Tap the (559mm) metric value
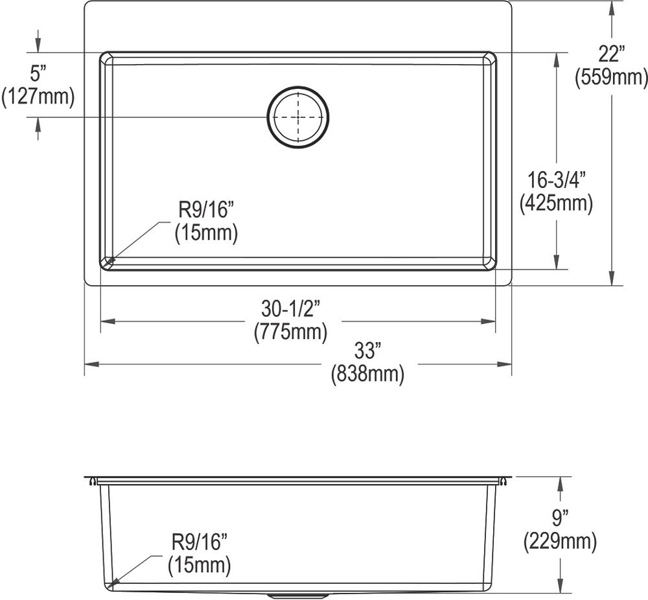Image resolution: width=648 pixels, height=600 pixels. pos(611,78)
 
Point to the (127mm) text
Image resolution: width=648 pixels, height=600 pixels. pos(38,97)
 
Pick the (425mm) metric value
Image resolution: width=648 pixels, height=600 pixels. pos(556,204)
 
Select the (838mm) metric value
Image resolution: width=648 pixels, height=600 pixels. pos(367,374)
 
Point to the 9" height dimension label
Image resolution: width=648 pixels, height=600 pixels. pos(560,518)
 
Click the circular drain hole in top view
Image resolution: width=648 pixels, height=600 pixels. pos(298,117)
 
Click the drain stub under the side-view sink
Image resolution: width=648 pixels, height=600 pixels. pos(298,595)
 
